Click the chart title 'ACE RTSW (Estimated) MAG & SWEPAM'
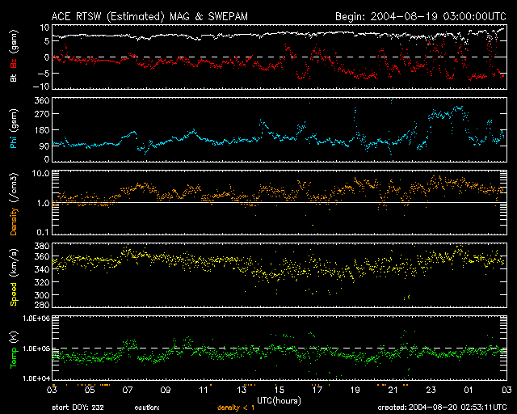click(x=139, y=16)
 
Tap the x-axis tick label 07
click(x=127, y=390)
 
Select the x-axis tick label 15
click(x=279, y=390)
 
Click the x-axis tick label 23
click(x=431, y=390)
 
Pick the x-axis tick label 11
click(x=203, y=390)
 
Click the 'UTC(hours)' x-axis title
click(x=279, y=399)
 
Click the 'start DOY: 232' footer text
click(x=78, y=408)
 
